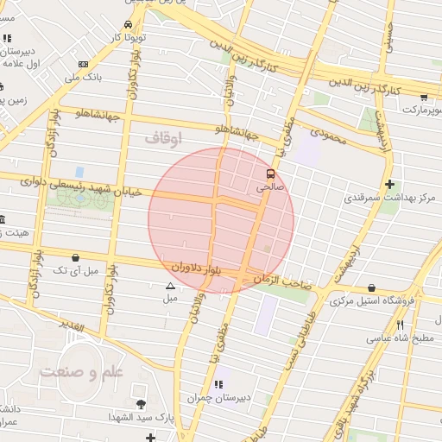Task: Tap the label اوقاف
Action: click(164, 137)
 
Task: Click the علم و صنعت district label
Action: click(83, 371)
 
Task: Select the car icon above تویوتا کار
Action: click(129, 25)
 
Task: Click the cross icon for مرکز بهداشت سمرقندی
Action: click(390, 184)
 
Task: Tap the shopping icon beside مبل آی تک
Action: click(77, 257)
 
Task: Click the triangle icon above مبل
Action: click(169, 286)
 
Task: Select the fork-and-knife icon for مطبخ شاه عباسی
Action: click(400, 325)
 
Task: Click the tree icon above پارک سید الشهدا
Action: click(141, 403)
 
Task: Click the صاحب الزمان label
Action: click(282, 281)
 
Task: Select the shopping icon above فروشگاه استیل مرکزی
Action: click(371, 288)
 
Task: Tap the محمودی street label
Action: click(327, 135)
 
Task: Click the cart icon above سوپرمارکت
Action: click(423, 98)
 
